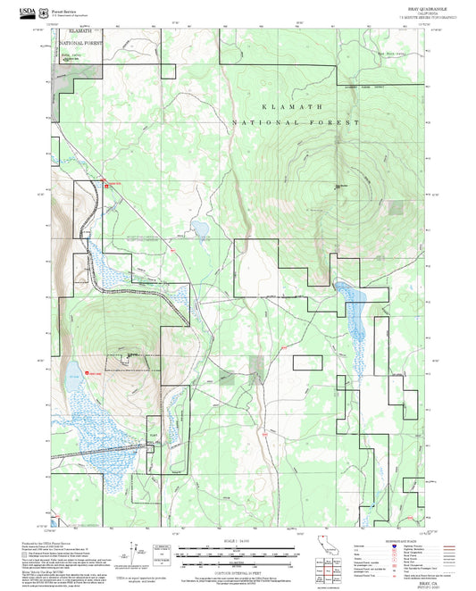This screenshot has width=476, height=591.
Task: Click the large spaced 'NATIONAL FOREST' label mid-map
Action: (296, 122)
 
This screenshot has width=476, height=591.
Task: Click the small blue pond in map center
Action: (202, 230)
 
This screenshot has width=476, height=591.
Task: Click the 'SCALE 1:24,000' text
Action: (238, 542)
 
